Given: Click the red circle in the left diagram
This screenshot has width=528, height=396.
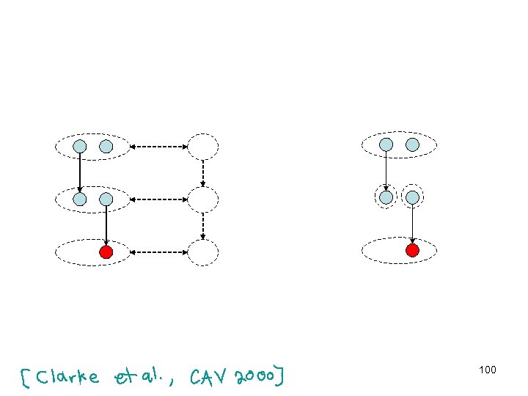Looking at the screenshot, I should click(106, 253).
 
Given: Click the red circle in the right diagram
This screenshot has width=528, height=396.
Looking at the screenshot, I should click(412, 251).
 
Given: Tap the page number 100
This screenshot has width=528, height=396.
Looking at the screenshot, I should click(488, 370).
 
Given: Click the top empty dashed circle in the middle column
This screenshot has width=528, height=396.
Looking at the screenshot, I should click(203, 147).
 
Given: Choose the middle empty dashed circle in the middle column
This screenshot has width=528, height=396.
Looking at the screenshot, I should click(203, 199).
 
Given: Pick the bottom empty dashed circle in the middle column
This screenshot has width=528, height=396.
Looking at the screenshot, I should click(203, 252).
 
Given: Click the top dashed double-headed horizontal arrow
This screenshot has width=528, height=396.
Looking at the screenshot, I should click(158, 147).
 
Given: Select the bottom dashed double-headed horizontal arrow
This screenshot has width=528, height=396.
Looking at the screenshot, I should click(158, 252).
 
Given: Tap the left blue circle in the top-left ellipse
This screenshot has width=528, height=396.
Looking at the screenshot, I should click(80, 146).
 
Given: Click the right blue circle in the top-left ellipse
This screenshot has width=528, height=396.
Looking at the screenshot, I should click(106, 146).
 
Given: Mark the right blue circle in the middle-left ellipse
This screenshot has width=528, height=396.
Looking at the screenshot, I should click(106, 199).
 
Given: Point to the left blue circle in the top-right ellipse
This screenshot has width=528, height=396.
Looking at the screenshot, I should click(386, 144).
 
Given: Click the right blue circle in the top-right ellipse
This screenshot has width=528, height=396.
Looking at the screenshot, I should click(412, 144).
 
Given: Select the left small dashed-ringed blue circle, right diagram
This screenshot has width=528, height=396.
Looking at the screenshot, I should click(386, 197).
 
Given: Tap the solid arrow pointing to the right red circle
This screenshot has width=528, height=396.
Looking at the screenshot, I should click(412, 224).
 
